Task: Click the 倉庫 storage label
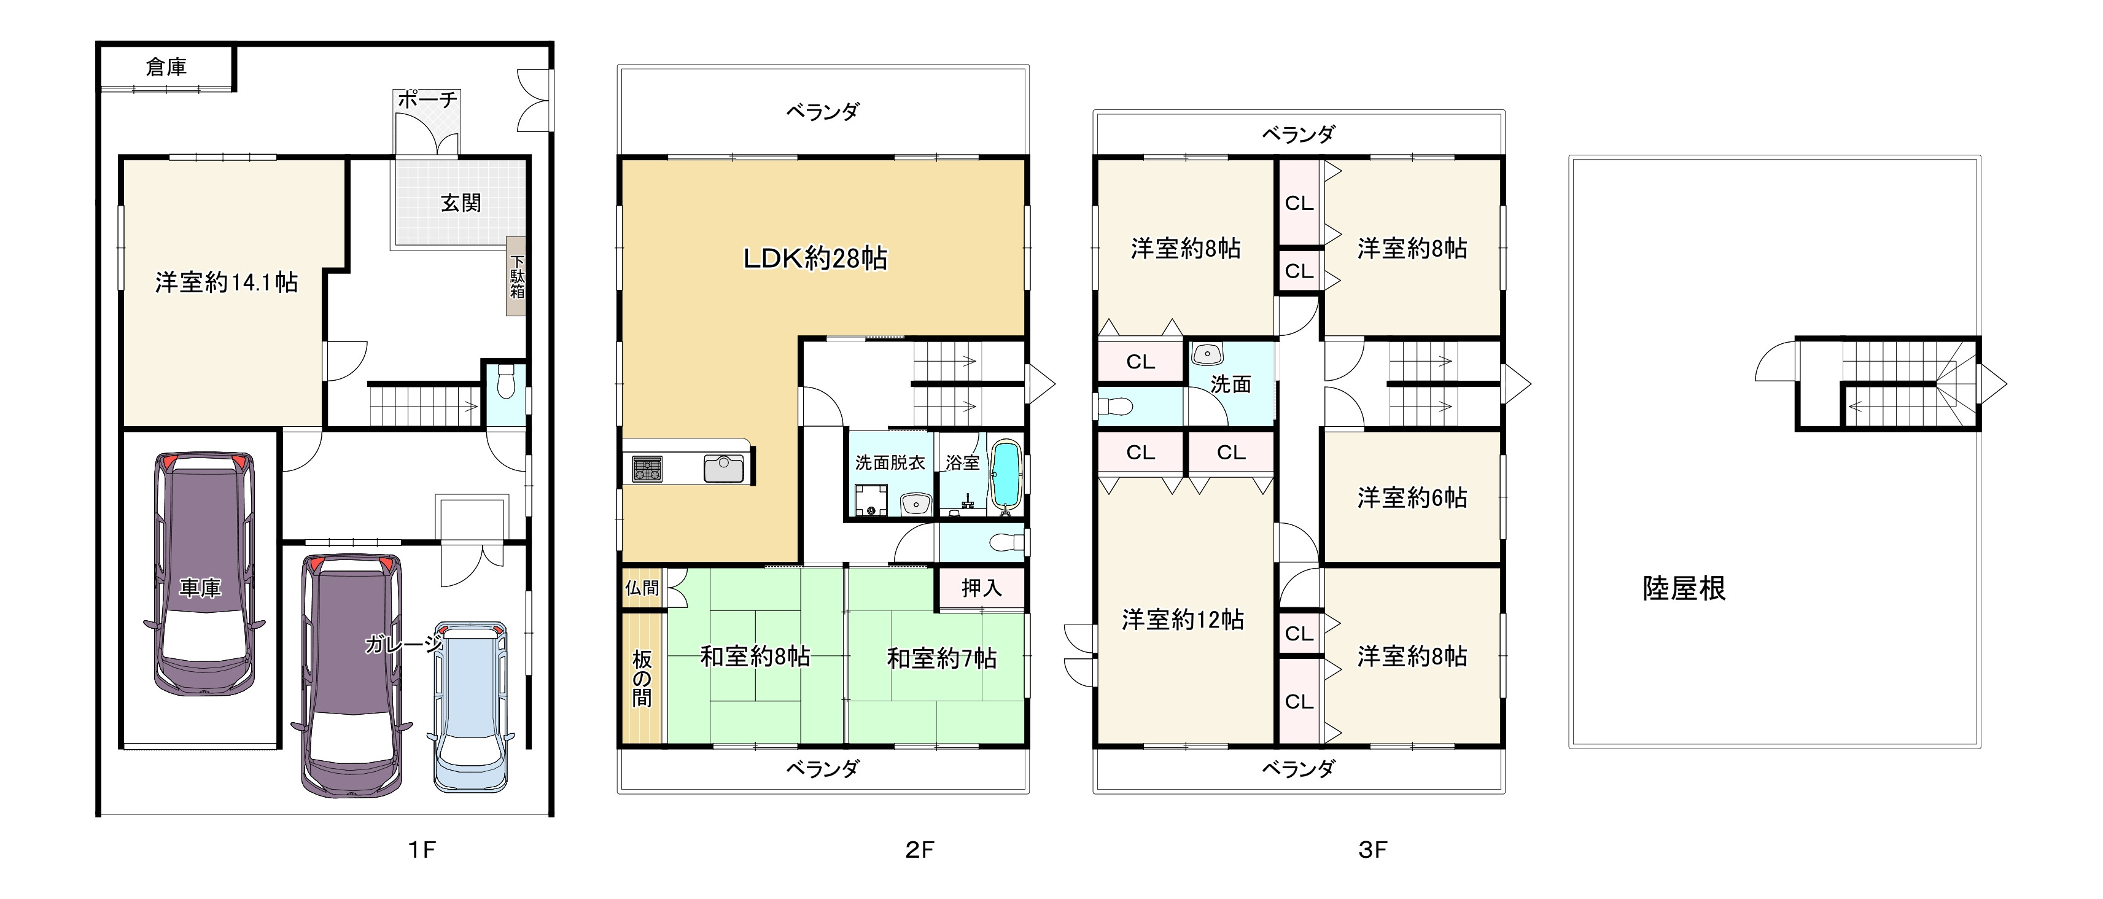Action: tap(166, 67)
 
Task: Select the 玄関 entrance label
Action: tap(461, 203)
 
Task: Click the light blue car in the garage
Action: tap(471, 706)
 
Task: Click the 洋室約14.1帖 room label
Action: tap(227, 282)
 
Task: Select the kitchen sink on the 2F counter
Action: tap(724, 469)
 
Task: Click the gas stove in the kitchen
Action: tap(647, 469)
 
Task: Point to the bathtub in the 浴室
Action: tap(1005, 476)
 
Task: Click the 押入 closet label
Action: tap(981, 588)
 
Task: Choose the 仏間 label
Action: tap(642, 588)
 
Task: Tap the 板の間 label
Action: tap(642, 679)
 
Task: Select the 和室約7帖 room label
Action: tap(942, 658)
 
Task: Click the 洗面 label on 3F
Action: tap(1231, 384)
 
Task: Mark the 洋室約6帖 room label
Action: tap(1412, 497)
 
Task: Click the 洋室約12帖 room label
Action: tap(1183, 620)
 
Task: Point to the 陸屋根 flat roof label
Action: tap(1684, 588)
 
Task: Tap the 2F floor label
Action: tap(919, 850)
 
